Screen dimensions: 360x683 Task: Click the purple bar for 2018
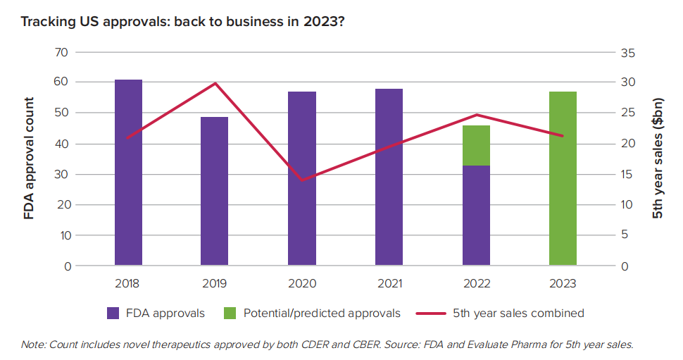click(x=128, y=173)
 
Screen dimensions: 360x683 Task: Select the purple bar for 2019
click(x=215, y=192)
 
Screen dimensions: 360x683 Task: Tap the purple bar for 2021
click(x=389, y=178)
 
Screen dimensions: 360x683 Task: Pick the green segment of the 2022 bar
click(x=476, y=145)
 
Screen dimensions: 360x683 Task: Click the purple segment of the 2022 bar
click(x=476, y=216)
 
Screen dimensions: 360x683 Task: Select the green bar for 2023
click(x=563, y=179)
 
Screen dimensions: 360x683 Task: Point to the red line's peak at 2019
click(x=215, y=83)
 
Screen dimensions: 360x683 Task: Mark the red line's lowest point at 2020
click(x=302, y=180)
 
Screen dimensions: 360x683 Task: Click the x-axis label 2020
click(x=302, y=284)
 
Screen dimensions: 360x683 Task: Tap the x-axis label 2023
click(x=563, y=284)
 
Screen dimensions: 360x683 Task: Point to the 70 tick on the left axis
click(x=63, y=52)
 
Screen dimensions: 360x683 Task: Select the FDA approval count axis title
click(x=29, y=159)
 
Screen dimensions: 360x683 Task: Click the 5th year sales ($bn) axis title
click(x=658, y=159)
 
